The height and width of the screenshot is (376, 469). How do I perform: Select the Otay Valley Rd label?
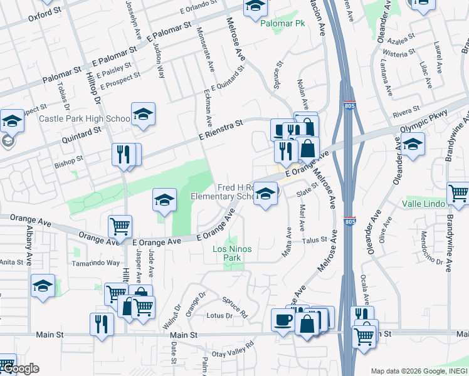[233, 352]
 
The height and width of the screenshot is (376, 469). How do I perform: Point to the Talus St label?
[315, 239]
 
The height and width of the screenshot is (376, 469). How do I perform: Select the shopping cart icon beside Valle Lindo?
[458, 194]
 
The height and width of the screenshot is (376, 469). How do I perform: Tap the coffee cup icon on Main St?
[283, 320]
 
